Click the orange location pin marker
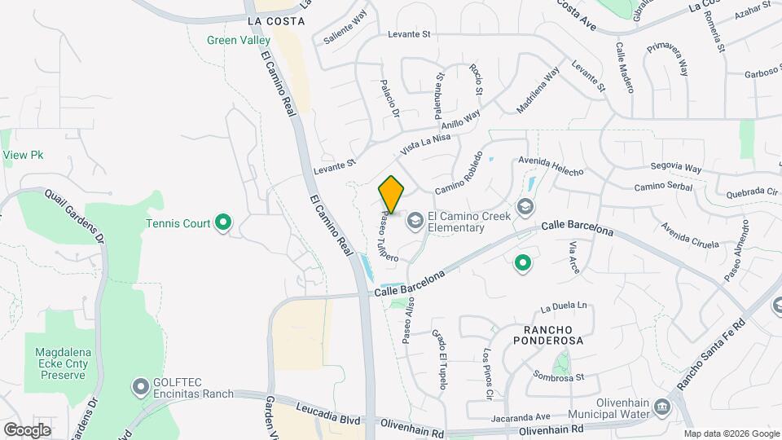click(x=392, y=195)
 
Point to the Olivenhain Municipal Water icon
click(x=662, y=405)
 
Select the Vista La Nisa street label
click(x=425, y=145)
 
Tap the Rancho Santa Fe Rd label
click(x=711, y=353)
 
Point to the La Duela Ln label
click(x=565, y=306)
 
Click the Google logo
click(x=27, y=429)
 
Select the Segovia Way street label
click(x=675, y=168)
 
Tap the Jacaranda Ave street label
click(x=521, y=418)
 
